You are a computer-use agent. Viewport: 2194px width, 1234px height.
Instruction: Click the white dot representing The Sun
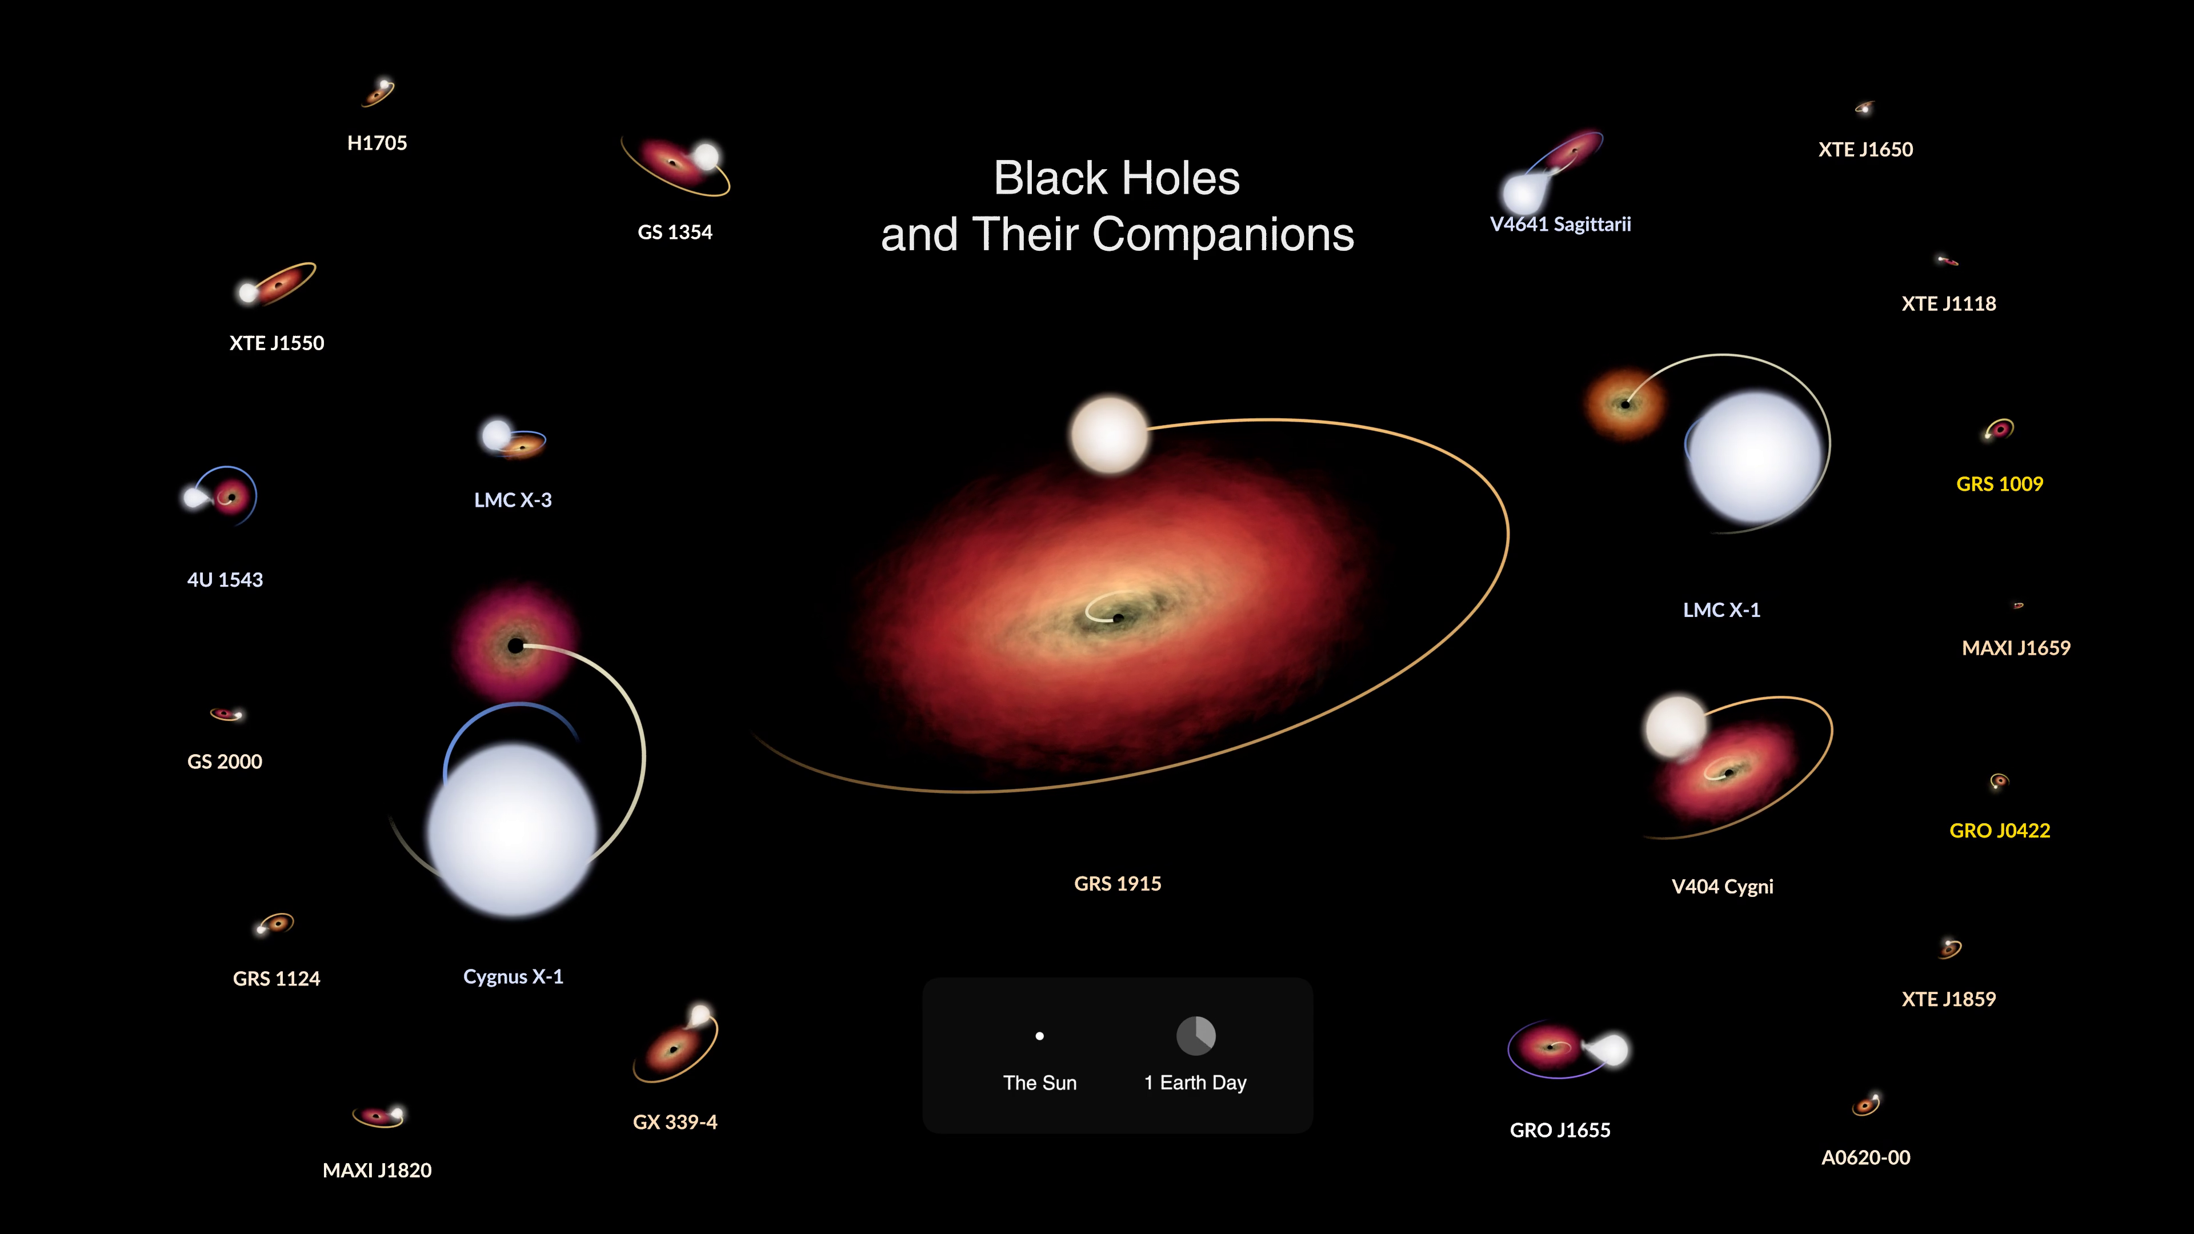1039,1036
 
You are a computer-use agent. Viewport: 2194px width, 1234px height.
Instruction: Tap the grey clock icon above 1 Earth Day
1196,1036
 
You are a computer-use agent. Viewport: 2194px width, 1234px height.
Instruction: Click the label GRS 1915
1118,883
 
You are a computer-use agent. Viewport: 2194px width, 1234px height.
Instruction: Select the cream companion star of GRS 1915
1109,434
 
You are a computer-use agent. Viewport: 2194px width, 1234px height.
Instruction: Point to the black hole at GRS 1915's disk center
1118,618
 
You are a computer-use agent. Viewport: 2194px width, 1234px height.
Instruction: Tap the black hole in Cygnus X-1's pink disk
515,646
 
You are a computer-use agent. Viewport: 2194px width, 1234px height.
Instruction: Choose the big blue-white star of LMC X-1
1755,457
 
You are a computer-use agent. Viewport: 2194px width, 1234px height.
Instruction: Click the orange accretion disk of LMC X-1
1625,404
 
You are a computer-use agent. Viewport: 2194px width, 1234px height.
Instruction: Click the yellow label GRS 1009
1999,484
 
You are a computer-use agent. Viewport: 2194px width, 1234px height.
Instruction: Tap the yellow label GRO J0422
1999,830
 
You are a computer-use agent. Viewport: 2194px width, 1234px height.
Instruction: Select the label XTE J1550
277,343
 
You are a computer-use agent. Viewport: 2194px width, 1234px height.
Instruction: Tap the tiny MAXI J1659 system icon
2017,606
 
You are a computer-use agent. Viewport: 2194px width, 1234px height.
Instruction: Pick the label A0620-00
1865,1157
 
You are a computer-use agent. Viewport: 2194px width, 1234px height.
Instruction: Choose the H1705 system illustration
378,91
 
